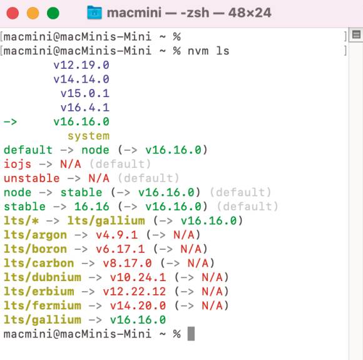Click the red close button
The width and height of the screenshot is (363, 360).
[13, 13]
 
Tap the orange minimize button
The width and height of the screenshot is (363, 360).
[33, 13]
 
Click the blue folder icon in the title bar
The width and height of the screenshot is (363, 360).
[95, 13]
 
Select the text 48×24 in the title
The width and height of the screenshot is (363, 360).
[250, 13]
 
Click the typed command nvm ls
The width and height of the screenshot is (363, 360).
[208, 51]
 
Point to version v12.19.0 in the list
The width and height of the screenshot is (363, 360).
[81, 65]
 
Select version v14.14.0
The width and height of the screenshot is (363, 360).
[81, 80]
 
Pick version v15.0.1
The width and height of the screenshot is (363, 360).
[85, 93]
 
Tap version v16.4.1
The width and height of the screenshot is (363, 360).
[85, 108]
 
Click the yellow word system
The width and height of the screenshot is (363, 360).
[89, 136]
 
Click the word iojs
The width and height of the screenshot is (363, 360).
[18, 164]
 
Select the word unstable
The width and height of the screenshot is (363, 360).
[32, 178]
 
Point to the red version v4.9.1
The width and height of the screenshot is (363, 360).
[117, 235]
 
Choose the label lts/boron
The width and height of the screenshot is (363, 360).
[36, 249]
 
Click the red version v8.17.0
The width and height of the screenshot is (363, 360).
[127, 263]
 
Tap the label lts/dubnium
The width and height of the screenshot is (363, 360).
[43, 277]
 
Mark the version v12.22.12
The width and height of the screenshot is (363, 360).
[135, 291]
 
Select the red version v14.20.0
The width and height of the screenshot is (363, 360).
[138, 306]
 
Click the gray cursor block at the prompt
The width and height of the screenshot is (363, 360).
[191, 334]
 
